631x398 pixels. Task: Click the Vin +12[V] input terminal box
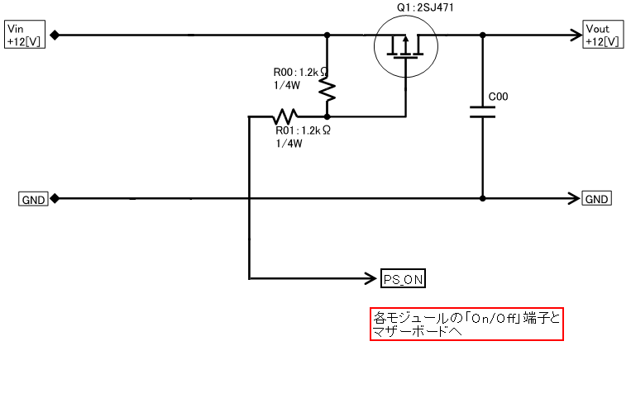23,36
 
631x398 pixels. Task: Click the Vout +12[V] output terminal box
602,36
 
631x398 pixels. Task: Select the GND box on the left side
34,199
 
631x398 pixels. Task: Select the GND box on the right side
597,199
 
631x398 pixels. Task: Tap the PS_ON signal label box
404,279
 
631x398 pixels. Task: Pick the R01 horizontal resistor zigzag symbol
287,116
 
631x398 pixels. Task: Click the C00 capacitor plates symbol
483,112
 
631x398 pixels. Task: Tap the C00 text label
499,97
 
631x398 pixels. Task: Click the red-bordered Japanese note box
466,324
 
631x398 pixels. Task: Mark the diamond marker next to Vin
55,36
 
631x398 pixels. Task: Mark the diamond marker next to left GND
55,199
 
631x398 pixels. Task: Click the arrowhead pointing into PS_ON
372,279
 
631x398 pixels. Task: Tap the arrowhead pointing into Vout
576,36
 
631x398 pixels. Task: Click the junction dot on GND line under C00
483,199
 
